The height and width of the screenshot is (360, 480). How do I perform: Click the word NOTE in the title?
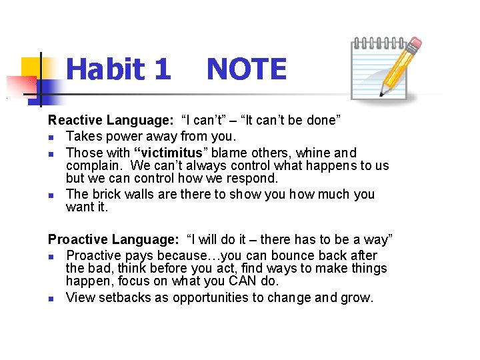coord(246,69)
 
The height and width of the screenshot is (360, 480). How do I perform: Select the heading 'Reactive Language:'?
coord(111,121)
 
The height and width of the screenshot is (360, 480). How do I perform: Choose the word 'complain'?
coord(94,165)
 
